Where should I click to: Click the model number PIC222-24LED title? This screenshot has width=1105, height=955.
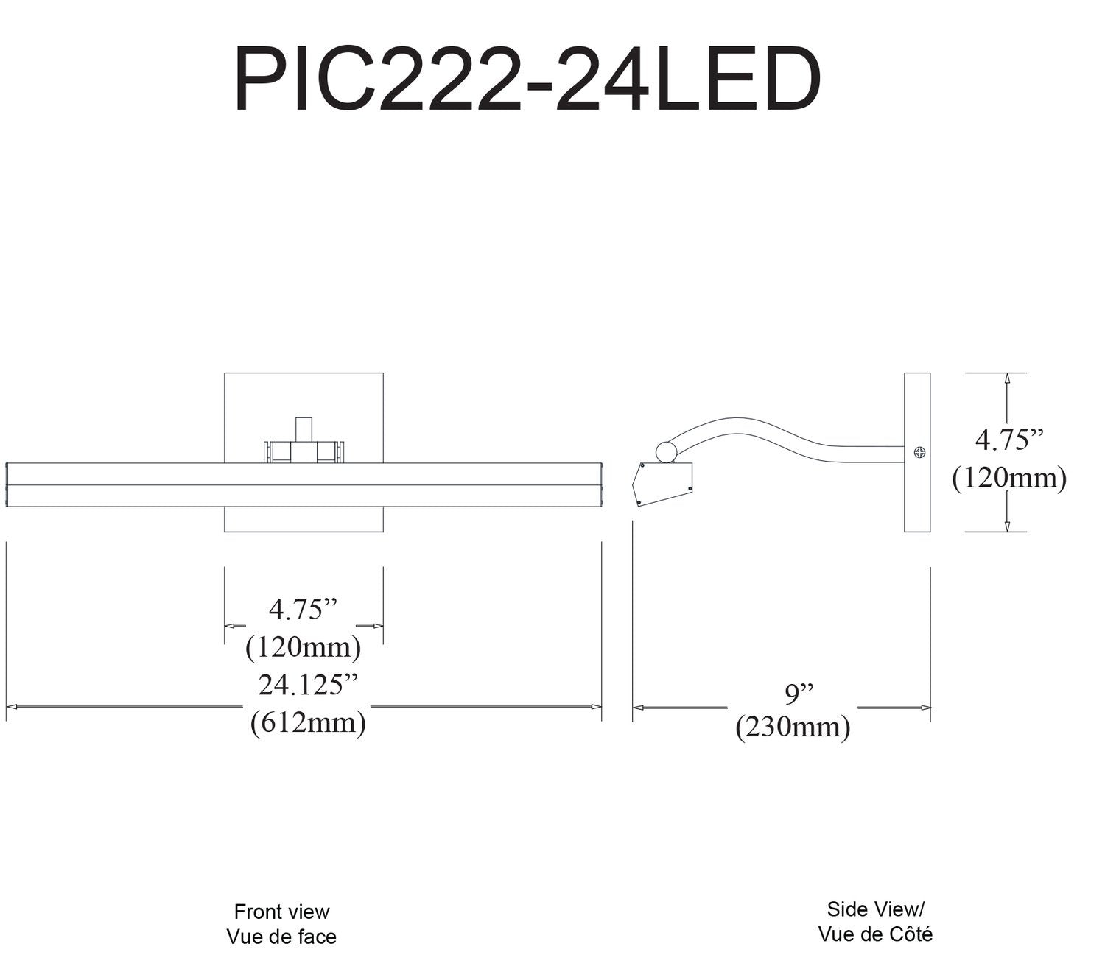click(527, 79)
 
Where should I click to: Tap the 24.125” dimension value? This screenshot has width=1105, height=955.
click(308, 685)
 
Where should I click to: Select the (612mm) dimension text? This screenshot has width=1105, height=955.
click(309, 722)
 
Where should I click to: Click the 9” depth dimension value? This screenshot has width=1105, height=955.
click(799, 693)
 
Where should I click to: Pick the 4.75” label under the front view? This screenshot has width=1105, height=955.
click(303, 609)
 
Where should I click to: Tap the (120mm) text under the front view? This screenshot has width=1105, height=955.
click(303, 647)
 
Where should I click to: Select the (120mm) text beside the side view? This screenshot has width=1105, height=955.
click(1009, 477)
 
